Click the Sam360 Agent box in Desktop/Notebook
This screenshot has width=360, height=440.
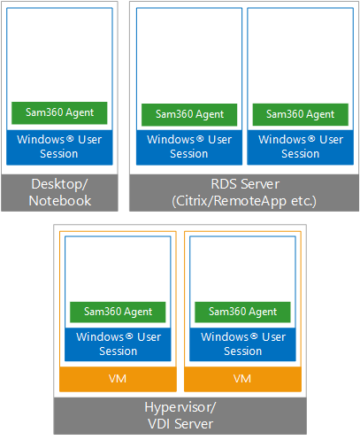(x=59, y=113)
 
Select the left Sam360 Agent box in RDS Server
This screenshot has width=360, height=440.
(x=189, y=115)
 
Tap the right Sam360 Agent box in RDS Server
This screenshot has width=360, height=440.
(x=301, y=114)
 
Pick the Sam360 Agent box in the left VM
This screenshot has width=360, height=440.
(x=118, y=312)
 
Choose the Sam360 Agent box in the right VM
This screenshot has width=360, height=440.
(x=242, y=312)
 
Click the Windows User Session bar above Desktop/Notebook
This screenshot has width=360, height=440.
(x=59, y=147)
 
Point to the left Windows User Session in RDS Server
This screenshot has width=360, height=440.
(x=189, y=147)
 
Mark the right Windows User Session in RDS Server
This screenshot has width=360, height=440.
(x=301, y=147)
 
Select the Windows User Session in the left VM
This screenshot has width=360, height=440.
(x=118, y=344)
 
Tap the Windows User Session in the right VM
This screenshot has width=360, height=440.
(x=242, y=344)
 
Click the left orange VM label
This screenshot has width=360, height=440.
(x=118, y=379)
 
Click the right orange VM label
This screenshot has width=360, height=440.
(x=242, y=379)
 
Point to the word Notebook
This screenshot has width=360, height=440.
(x=60, y=201)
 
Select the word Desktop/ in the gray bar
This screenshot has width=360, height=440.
(x=59, y=184)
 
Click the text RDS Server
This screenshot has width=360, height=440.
(x=245, y=184)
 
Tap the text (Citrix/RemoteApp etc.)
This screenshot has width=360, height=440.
(x=244, y=202)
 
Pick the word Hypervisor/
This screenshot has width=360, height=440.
(x=180, y=408)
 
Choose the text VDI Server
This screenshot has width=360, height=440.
(x=180, y=424)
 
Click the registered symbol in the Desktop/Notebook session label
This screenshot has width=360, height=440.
(x=70, y=138)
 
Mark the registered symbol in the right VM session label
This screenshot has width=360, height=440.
(x=254, y=336)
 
